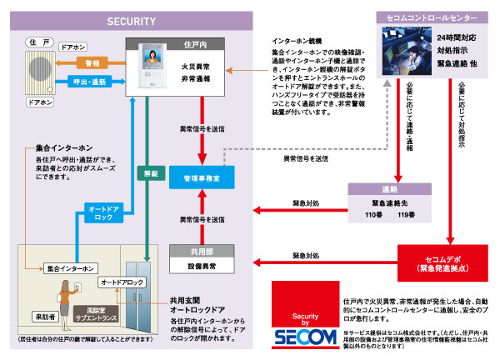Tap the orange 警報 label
[92, 62]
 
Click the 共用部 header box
[200, 252]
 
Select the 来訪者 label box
[45, 317]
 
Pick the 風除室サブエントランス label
[97, 318]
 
